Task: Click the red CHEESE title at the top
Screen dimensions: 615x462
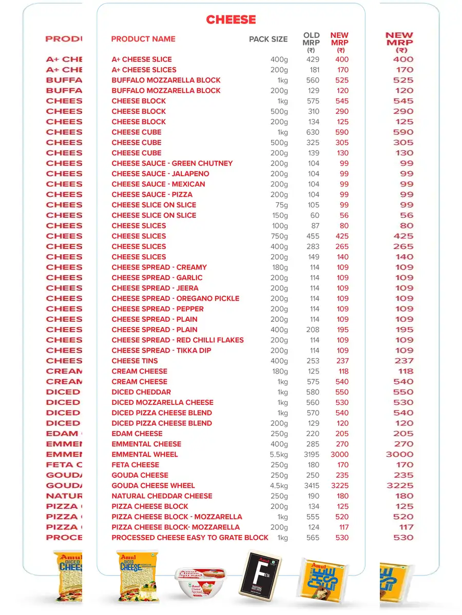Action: [230, 19]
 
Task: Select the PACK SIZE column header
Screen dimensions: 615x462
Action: [268, 39]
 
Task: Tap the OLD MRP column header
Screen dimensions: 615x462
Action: [311, 42]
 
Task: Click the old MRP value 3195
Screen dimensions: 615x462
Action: [311, 455]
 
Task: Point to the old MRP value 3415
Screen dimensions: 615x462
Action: [311, 486]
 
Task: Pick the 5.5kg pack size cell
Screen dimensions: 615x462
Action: [279, 455]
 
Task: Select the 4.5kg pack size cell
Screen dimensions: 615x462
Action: [279, 486]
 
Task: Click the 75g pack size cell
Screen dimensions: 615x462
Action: [281, 205]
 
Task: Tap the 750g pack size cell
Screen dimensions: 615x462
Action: [279, 236]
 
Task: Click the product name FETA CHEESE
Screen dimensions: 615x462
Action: [136, 465]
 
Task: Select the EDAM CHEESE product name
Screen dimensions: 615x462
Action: [137, 434]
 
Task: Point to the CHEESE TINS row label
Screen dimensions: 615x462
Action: [134, 361]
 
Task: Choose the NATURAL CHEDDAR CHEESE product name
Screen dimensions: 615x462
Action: [162, 496]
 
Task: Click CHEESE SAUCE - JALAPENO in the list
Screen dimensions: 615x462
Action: [160, 174]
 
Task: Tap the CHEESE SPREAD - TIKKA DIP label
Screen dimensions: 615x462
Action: [161, 351]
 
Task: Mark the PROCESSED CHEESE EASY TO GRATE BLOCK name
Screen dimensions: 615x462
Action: [190, 538]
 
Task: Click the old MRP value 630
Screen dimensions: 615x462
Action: [313, 132]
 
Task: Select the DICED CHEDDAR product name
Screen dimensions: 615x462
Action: [141, 392]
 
